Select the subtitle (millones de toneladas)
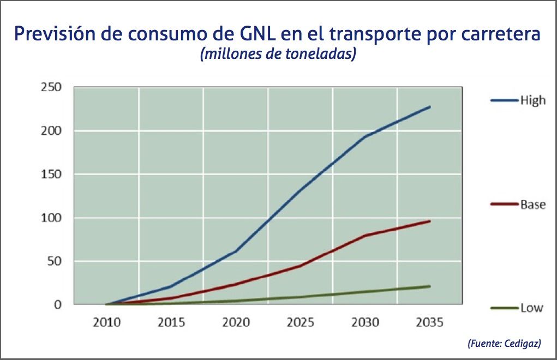tap(278, 55)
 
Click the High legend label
tap(532, 100)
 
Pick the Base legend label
tap(532, 205)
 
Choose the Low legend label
tap(531, 308)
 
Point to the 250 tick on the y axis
tap(51, 87)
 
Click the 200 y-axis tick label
tap(51, 131)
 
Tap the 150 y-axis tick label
tap(51, 175)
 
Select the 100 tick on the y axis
tap(51, 218)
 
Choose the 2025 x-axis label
tap(301, 322)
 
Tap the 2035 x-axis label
tap(430, 322)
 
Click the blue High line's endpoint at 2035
tap(430, 107)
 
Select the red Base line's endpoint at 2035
tap(430, 221)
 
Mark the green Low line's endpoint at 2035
tap(430, 286)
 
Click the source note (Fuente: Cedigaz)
tap(504, 344)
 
